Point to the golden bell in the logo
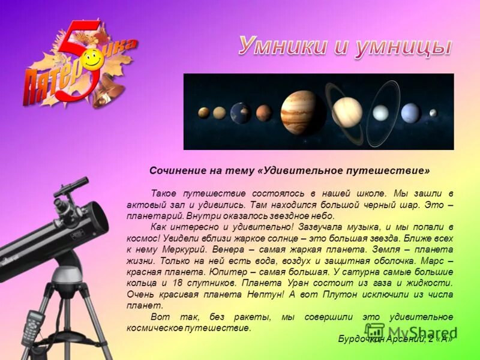[x=109, y=90]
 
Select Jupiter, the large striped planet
[x=299, y=112]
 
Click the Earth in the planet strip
[x=241, y=113]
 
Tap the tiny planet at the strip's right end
[x=433, y=113]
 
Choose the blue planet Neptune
[x=410, y=112]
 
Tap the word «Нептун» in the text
[x=262, y=294]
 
